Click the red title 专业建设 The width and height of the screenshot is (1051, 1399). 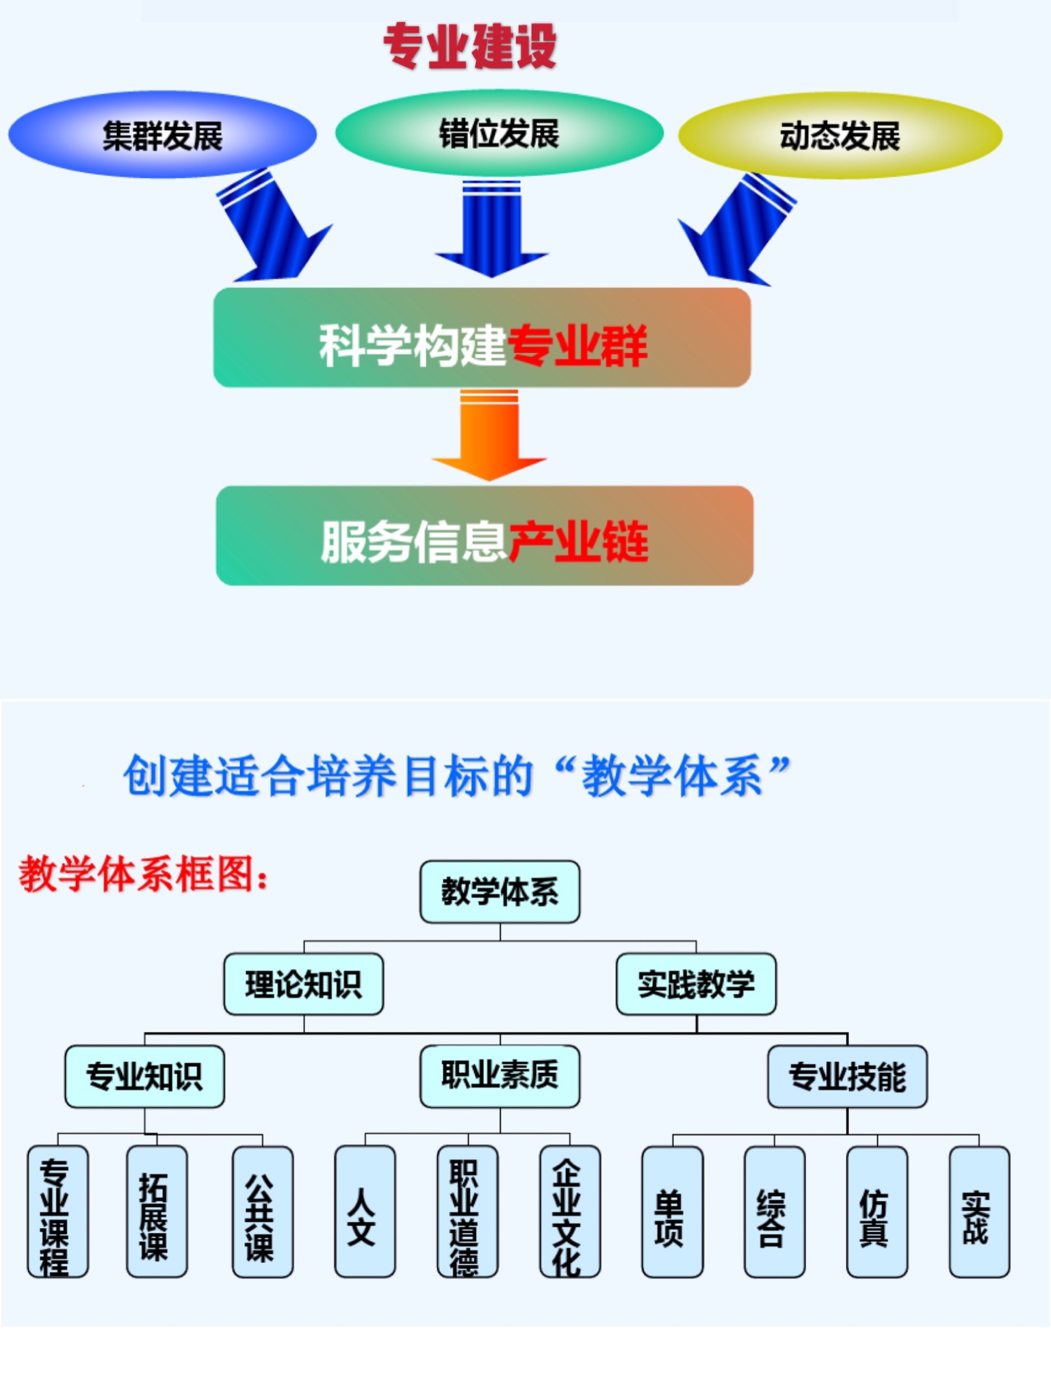pos(470,46)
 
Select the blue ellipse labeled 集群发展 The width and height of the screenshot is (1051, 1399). pos(162,135)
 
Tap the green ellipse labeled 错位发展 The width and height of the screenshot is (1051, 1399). pos(499,133)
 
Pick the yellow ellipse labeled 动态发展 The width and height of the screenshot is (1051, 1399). pos(840,135)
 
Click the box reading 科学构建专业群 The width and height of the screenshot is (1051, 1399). pos(482,338)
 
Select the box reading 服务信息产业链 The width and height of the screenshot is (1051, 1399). pos(484,536)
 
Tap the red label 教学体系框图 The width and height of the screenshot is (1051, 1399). pos(143,875)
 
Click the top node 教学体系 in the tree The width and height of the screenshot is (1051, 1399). pos(499,892)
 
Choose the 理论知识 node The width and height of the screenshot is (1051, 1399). pos(303,984)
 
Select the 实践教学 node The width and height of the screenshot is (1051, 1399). pos(696,984)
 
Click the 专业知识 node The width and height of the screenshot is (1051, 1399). pos(144,1076)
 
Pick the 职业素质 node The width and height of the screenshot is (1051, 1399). pos(499,1076)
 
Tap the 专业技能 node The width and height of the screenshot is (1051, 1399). pos(847,1076)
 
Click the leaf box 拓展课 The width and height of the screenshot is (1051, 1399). pos(156,1211)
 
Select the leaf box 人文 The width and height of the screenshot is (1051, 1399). pos(364,1212)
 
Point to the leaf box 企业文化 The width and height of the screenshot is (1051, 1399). pos(569,1212)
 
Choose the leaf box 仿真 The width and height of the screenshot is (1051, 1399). pos(877,1212)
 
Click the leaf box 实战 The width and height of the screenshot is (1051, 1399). pos(979,1212)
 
